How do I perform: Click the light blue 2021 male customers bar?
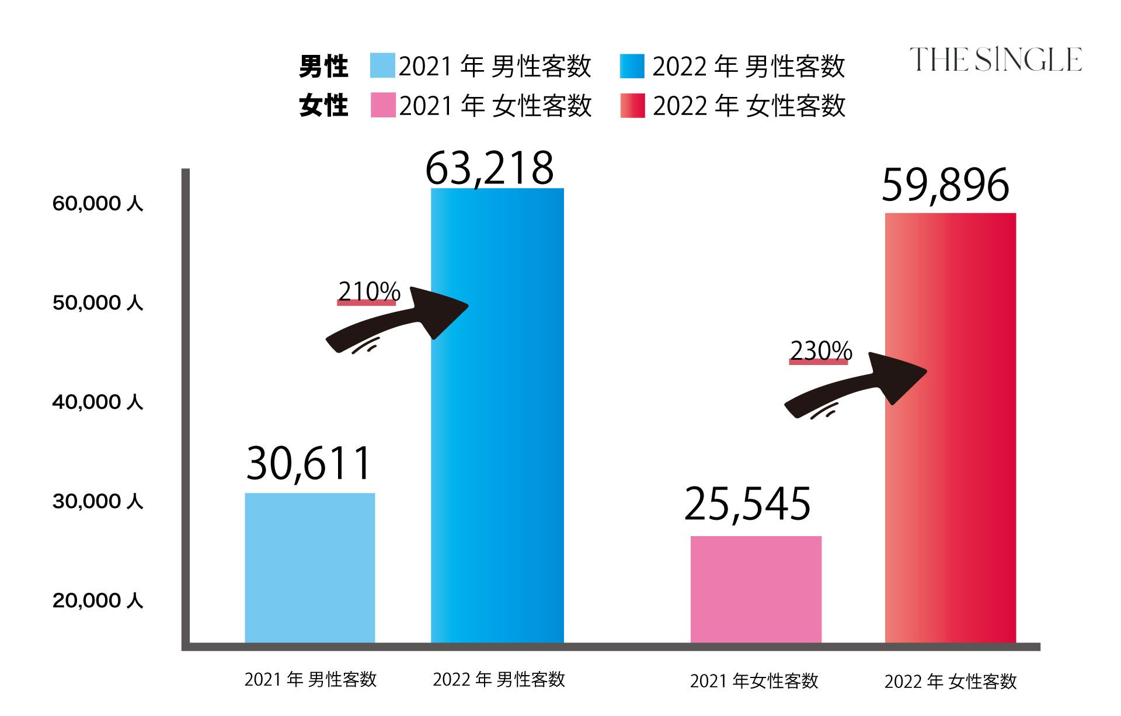pyautogui.click(x=309, y=568)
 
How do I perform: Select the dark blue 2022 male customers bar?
pyautogui.click(x=497, y=415)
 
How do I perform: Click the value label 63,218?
pyautogui.click(x=489, y=168)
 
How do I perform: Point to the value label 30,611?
pyautogui.click(x=308, y=464)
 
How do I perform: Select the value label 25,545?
pyautogui.click(x=747, y=504)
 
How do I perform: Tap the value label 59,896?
pyautogui.click(x=945, y=185)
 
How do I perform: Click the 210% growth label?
pyautogui.click(x=368, y=291)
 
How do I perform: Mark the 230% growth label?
pyautogui.click(x=820, y=351)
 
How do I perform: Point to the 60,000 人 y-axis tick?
pyautogui.click(x=98, y=203)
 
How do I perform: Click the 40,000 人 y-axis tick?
pyautogui.click(x=98, y=402)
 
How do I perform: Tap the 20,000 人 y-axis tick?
pyautogui.click(x=98, y=600)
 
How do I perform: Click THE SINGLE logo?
pyautogui.click(x=995, y=60)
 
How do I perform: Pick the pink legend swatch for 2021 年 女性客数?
pyautogui.click(x=382, y=106)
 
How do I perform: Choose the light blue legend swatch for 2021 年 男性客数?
pyautogui.click(x=382, y=66)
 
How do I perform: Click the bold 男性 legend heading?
pyautogui.click(x=323, y=67)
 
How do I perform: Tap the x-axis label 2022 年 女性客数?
pyautogui.click(x=950, y=682)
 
